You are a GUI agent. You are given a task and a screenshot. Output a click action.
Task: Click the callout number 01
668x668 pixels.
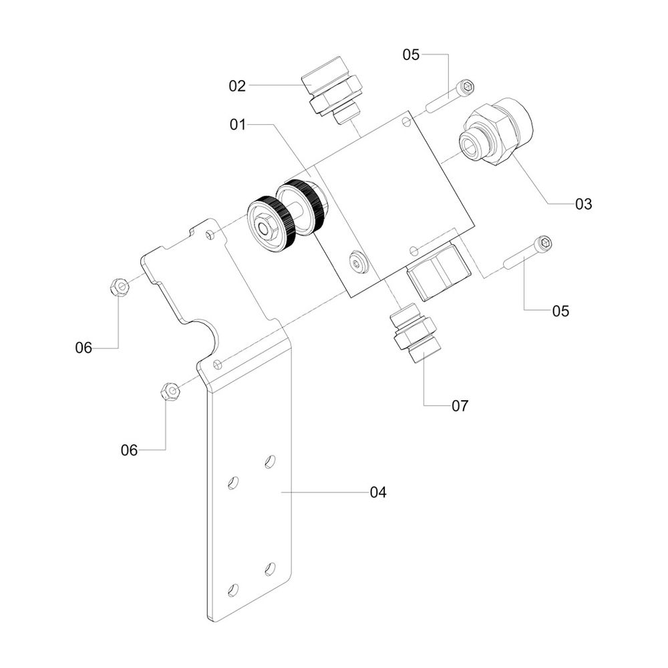click(238, 125)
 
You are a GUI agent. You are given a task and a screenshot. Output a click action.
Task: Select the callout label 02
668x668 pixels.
click(237, 86)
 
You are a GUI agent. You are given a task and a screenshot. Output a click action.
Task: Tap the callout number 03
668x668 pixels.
click(583, 204)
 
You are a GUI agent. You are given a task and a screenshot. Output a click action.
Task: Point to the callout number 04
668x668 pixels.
click(378, 492)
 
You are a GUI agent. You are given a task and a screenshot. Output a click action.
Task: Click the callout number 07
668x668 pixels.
click(460, 406)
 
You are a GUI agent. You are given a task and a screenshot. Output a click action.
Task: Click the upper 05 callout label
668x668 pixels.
click(411, 55)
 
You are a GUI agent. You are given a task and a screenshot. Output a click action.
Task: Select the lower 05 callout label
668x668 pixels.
click(560, 311)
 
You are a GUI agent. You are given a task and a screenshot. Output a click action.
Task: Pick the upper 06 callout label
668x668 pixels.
click(83, 348)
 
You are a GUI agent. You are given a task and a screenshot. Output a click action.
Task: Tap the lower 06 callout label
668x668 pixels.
click(129, 450)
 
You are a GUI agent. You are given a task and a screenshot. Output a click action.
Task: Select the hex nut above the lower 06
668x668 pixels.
click(170, 390)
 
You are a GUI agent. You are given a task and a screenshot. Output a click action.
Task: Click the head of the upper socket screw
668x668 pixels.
click(466, 88)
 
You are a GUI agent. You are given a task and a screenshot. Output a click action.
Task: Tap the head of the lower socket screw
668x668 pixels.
click(544, 244)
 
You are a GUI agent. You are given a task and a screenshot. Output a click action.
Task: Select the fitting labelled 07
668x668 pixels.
click(415, 333)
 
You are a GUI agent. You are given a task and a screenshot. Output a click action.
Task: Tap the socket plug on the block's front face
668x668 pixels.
click(357, 262)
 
